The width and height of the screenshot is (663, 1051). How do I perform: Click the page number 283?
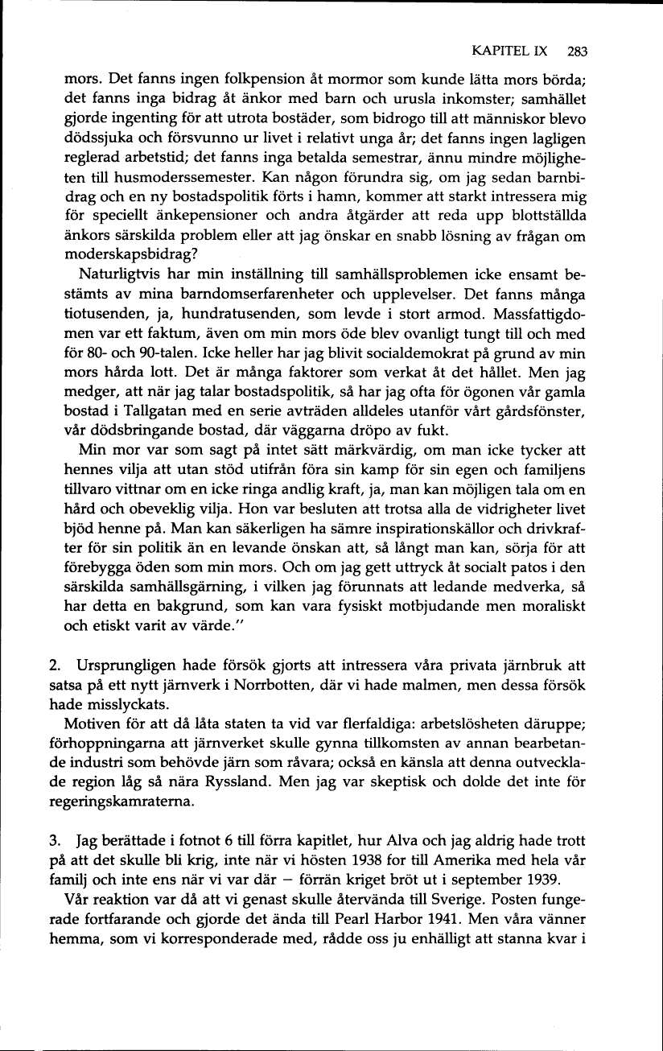pos(577,52)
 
